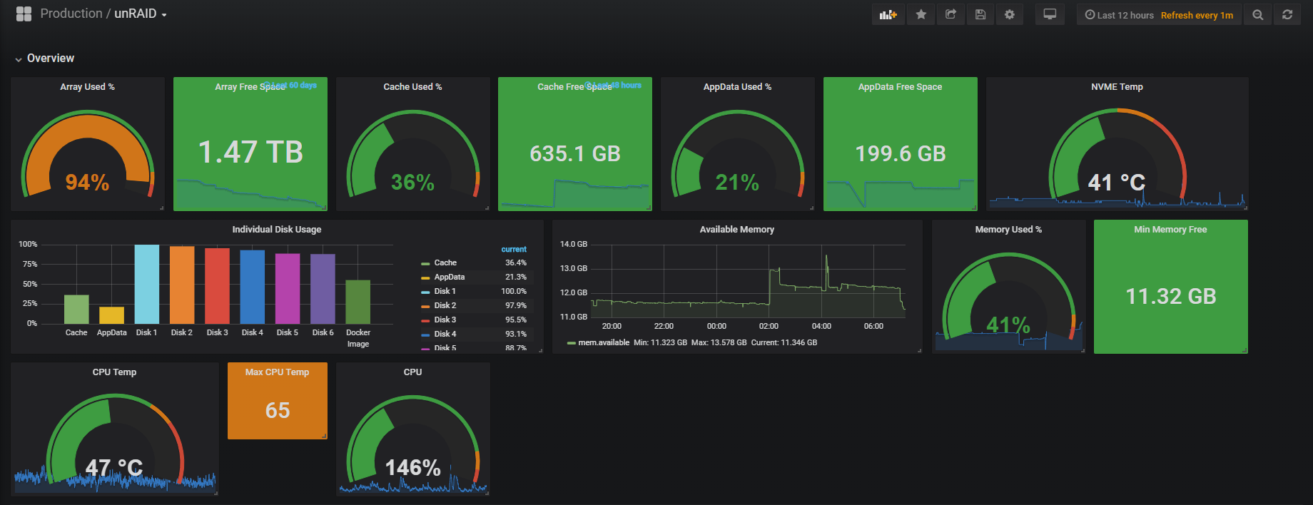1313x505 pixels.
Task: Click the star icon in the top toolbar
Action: coord(921,14)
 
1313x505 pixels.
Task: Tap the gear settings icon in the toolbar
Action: coord(1009,14)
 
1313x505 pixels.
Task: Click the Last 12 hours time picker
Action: coord(1119,15)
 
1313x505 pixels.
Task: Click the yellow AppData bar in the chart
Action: coord(111,315)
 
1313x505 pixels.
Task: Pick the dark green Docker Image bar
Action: coord(358,302)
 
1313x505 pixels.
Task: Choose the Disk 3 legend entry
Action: coord(445,320)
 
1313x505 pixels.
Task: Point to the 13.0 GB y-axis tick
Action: coord(574,268)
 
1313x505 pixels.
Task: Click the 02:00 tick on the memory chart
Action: coord(769,326)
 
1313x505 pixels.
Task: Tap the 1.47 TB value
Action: coord(250,152)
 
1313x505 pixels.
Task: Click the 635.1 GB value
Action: coord(575,153)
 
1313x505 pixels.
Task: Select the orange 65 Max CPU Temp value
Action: coord(278,410)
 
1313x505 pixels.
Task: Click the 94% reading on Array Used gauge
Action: coord(87,182)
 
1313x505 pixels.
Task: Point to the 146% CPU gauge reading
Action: coord(412,467)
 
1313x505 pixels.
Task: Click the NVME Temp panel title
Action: coord(1117,87)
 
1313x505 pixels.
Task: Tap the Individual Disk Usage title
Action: coord(277,230)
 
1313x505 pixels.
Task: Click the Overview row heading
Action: coord(50,58)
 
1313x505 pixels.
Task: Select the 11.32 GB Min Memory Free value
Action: coord(1170,296)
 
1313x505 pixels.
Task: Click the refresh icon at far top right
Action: coord(1287,14)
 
